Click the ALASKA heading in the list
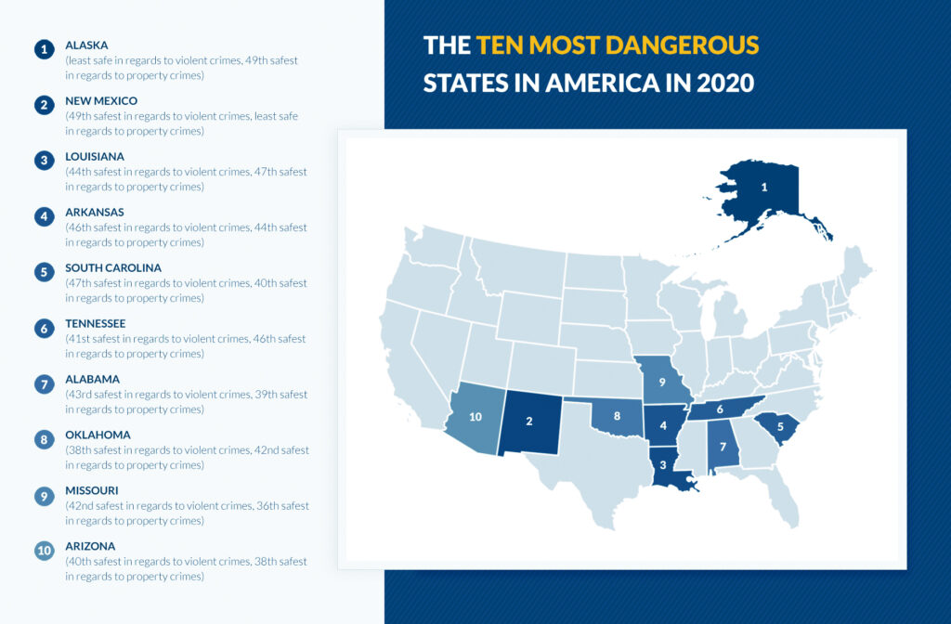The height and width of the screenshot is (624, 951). (86, 45)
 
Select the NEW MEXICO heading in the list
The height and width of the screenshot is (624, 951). (101, 100)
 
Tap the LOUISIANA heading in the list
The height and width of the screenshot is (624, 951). (95, 156)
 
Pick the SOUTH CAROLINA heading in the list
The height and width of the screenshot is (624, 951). (113, 267)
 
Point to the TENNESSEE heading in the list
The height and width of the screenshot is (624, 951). (96, 323)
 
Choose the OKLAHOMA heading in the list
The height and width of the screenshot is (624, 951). (98, 435)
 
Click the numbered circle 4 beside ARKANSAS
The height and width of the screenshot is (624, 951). (44, 216)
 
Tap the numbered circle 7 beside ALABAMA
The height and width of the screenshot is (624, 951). (44, 383)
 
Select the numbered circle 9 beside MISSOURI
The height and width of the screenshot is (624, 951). (44, 495)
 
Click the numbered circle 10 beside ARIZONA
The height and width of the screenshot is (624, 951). (44, 551)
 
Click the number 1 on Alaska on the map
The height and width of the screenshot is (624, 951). (764, 187)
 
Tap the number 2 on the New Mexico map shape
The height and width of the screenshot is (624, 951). (528, 421)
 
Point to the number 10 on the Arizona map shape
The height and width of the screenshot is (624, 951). (475, 417)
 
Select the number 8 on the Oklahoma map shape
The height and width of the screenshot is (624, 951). (617, 416)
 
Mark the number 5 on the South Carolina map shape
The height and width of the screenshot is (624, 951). (780, 427)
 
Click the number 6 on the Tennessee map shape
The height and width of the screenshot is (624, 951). (720, 408)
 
